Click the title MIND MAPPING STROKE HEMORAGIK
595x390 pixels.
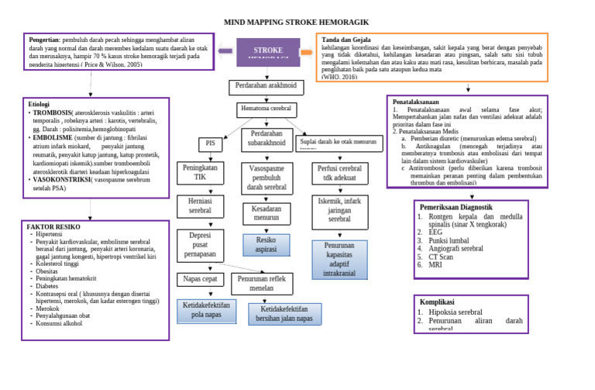pos(297,22)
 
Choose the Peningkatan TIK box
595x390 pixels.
pos(200,172)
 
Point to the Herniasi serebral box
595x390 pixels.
pos(200,205)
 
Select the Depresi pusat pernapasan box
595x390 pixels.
pos(200,244)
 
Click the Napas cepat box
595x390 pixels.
pos(200,278)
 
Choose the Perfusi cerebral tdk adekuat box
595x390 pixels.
pos(339,173)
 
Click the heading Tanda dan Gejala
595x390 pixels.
pos(346,40)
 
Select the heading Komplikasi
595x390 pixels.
pos(442,302)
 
